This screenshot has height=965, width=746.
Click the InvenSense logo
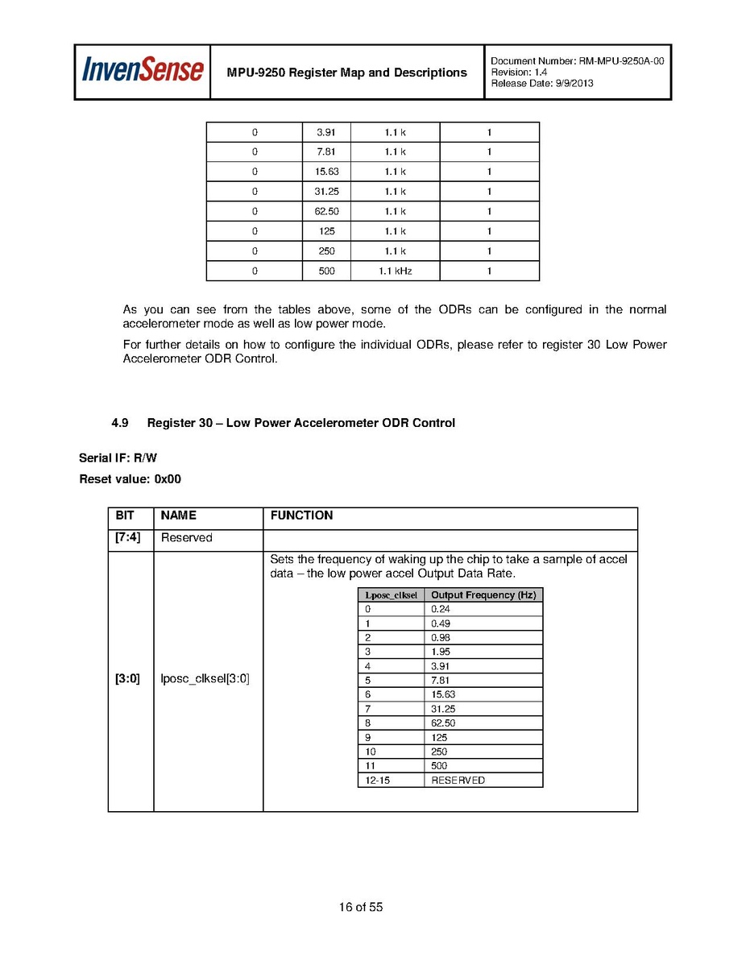(x=142, y=71)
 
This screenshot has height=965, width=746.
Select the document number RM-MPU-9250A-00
(x=621, y=61)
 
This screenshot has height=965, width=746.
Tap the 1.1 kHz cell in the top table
(x=395, y=271)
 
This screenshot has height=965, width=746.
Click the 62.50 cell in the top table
(x=326, y=212)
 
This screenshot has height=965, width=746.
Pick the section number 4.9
(x=120, y=423)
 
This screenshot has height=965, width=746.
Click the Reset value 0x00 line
(x=130, y=479)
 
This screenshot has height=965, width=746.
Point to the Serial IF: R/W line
(x=118, y=458)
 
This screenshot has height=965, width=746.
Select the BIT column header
(x=125, y=516)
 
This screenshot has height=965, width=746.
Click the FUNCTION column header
(x=301, y=516)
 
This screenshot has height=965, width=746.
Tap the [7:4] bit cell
(x=128, y=537)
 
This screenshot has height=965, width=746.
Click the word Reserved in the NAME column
(x=187, y=537)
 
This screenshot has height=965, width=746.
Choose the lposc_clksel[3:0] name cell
(x=205, y=679)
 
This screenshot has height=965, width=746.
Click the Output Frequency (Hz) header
(x=483, y=595)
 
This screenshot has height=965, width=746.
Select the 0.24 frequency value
(x=441, y=609)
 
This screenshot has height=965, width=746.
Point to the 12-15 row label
(x=377, y=780)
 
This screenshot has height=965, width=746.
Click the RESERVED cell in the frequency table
(x=458, y=780)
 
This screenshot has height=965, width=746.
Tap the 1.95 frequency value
(x=441, y=652)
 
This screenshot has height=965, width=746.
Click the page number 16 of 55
(x=361, y=907)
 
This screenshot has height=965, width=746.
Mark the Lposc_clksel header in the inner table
(x=391, y=595)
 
